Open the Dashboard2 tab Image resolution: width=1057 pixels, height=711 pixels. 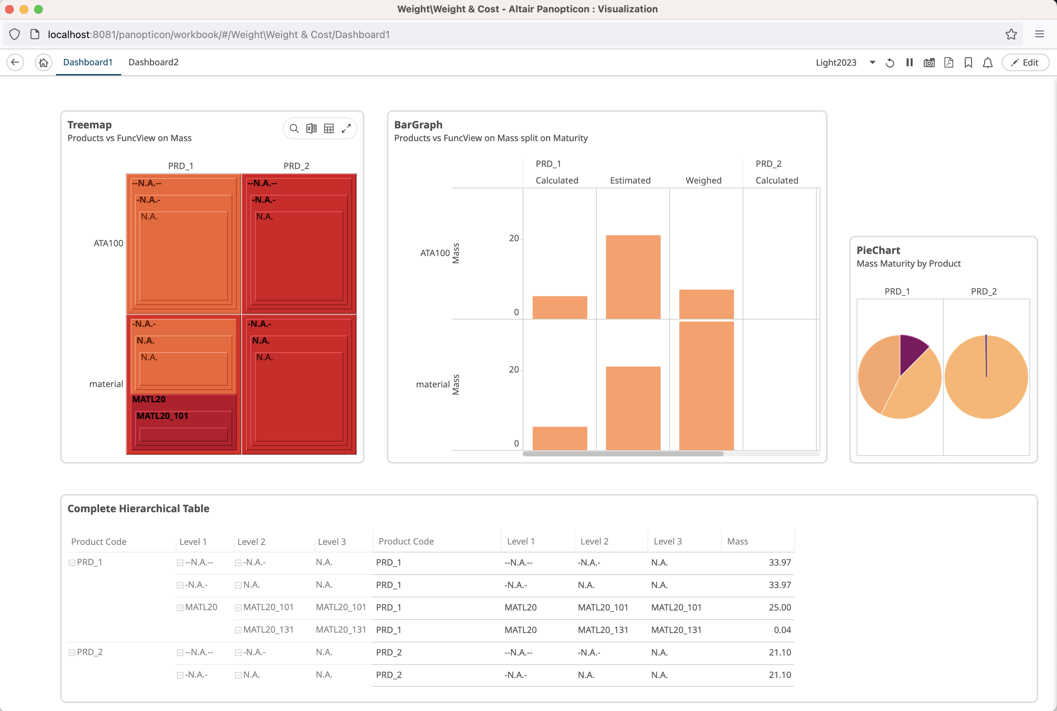point(153,62)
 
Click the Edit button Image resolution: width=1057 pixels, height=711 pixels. point(1025,62)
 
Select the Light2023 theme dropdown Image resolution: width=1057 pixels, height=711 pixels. point(845,62)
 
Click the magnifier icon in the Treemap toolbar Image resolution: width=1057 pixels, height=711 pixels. point(294,129)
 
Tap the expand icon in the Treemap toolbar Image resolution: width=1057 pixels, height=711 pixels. point(346,129)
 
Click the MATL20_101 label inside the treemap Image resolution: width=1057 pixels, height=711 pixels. point(162,416)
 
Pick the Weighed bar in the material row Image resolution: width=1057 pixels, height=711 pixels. point(706,385)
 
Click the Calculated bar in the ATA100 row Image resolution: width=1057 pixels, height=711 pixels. point(559,308)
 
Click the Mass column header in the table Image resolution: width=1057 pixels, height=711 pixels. point(738,541)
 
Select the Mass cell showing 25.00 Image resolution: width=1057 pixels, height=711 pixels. point(779,608)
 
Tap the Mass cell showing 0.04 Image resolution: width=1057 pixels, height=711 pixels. point(782,630)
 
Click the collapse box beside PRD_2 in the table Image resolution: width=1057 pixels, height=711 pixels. point(72,653)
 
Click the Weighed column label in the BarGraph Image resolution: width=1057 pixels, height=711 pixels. point(703,181)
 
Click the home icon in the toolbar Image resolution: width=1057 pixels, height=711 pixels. point(43,62)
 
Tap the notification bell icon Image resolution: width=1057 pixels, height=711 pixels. point(988,62)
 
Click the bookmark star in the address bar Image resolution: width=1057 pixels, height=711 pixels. point(1011,34)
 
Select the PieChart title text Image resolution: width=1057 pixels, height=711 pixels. point(878,250)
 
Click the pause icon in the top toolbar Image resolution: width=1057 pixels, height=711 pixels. point(910,62)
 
